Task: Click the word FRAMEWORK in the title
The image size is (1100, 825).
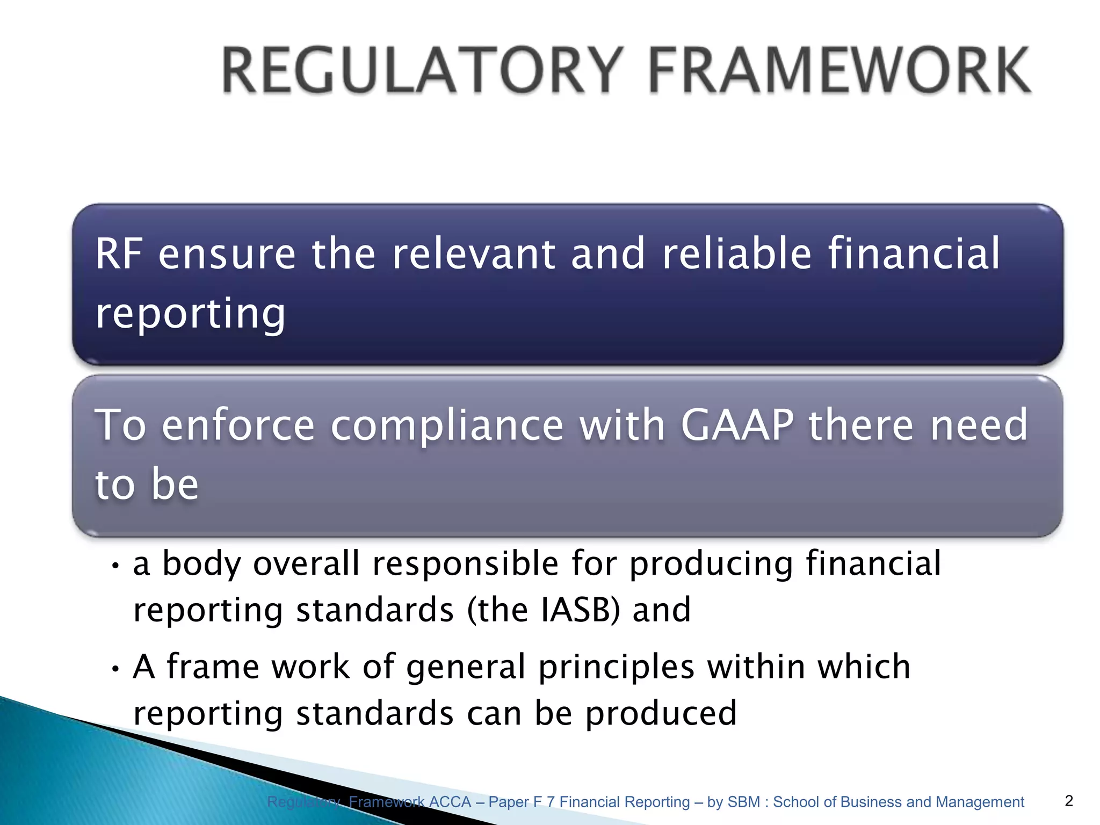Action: coord(839,71)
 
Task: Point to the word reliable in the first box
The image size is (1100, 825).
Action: coord(736,254)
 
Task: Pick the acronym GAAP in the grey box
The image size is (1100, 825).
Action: coord(737,425)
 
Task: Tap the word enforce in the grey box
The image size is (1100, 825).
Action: coord(238,425)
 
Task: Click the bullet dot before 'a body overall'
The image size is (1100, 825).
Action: coord(115,566)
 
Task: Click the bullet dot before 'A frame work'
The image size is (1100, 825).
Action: coord(115,669)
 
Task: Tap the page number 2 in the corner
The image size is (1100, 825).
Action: coord(1068,801)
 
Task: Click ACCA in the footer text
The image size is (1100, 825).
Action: coord(450,802)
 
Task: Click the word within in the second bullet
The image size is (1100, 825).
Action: coord(756,667)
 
